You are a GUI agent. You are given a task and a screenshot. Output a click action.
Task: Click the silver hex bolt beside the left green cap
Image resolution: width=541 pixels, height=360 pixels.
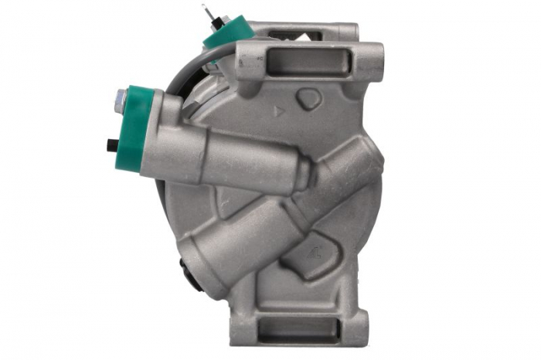pos(120,98)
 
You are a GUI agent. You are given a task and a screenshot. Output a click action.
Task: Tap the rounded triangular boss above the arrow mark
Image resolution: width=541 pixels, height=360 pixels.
pos(308,98)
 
